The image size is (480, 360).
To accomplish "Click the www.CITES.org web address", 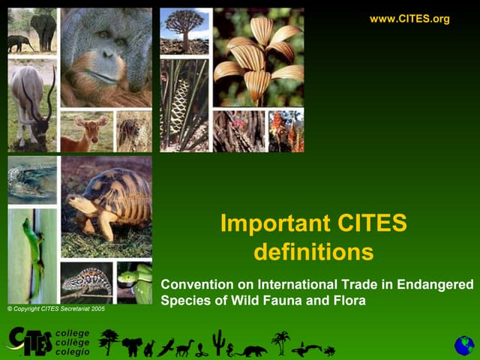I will point(409,19).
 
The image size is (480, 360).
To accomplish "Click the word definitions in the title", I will point(313,252).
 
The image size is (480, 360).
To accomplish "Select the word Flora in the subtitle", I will point(350,302).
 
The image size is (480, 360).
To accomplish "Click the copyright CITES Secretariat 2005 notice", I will point(56,308).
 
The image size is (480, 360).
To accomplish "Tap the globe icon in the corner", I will point(464,345).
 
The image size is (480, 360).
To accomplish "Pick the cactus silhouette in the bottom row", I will point(218,341).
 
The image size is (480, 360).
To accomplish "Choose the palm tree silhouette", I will point(280,342).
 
